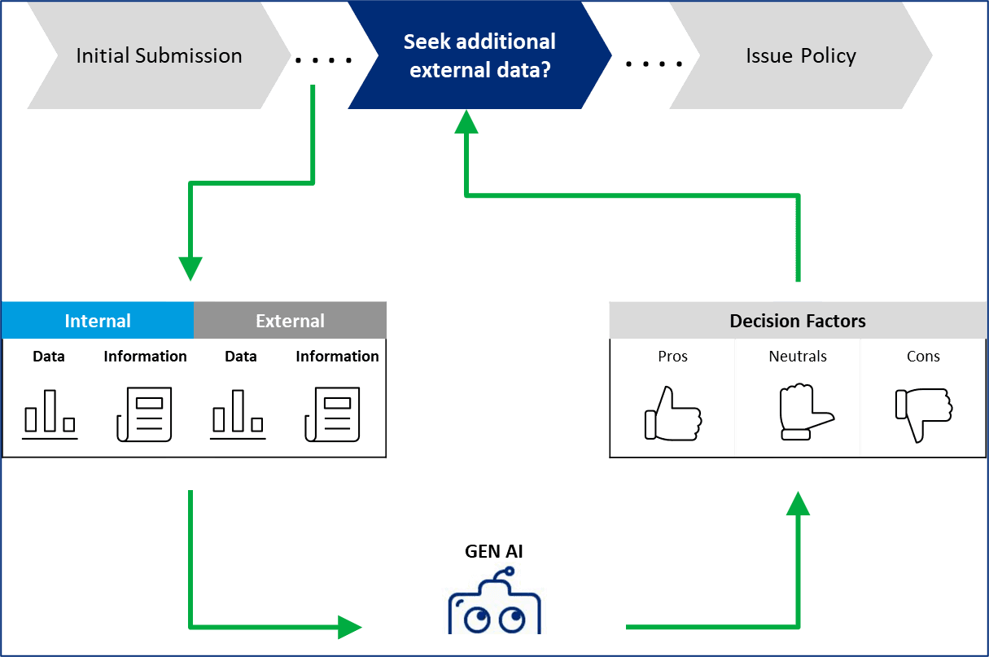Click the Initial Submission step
pos(159,55)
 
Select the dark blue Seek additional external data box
pos(480,55)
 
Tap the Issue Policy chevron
pos(801,55)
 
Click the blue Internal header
pos(98,321)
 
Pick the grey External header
pos(290,321)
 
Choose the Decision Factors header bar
pos(798,321)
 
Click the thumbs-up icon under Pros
pos(672,414)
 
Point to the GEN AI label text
pos(494,551)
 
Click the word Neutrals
pos(798,357)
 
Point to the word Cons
pos(923,357)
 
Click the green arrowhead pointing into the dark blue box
pos(466,121)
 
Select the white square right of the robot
pos(608,627)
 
